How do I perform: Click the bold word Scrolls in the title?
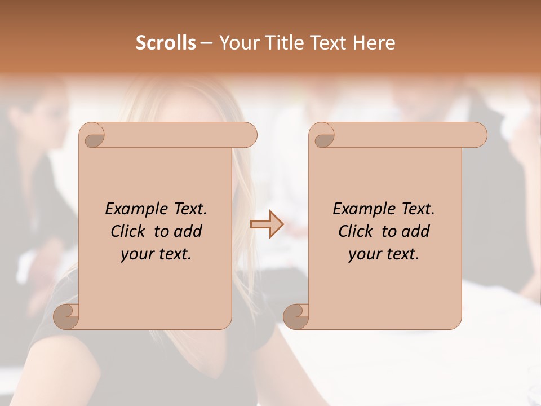point(166,43)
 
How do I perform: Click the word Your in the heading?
point(237,43)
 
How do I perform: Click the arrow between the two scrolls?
point(267,224)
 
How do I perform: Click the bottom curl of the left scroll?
point(66,316)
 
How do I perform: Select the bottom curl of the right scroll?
point(296,316)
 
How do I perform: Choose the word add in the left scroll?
point(188,231)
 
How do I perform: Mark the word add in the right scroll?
point(416,231)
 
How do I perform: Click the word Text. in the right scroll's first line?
point(418,209)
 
